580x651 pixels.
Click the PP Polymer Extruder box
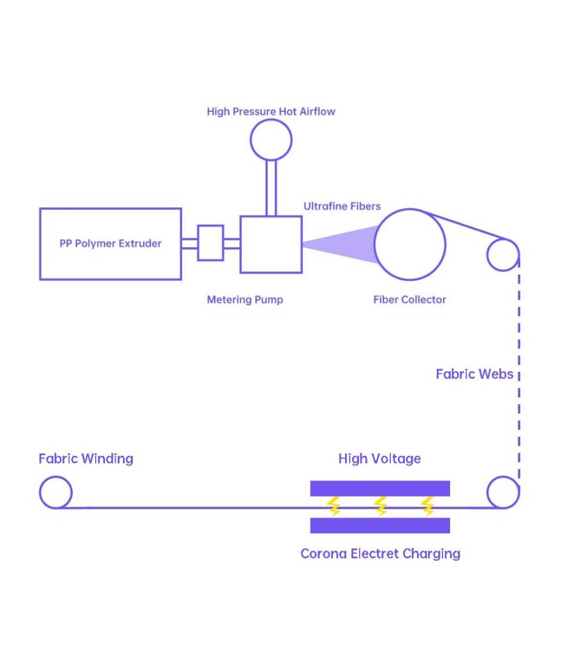[x=110, y=243]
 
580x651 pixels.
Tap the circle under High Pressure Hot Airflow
[x=271, y=139]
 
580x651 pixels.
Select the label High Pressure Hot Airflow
[x=271, y=112]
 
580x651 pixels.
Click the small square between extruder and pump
[x=210, y=243]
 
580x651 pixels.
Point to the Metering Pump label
[x=244, y=299]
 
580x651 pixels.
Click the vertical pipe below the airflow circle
[x=271, y=188]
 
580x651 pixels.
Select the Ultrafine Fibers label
[x=342, y=207]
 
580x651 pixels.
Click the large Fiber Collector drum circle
[x=409, y=245]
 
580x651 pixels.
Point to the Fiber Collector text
[x=409, y=299]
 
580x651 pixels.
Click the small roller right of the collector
[x=502, y=255]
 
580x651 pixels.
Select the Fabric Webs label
[x=474, y=374]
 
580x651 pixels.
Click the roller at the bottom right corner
[x=502, y=492]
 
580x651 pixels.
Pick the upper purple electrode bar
[x=380, y=488]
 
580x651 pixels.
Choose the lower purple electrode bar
[x=380, y=525]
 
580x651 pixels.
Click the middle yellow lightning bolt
[x=381, y=507]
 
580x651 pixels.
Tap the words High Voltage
[x=379, y=459]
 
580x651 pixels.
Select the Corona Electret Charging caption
[x=380, y=554]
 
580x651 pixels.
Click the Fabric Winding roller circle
[x=55, y=493]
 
